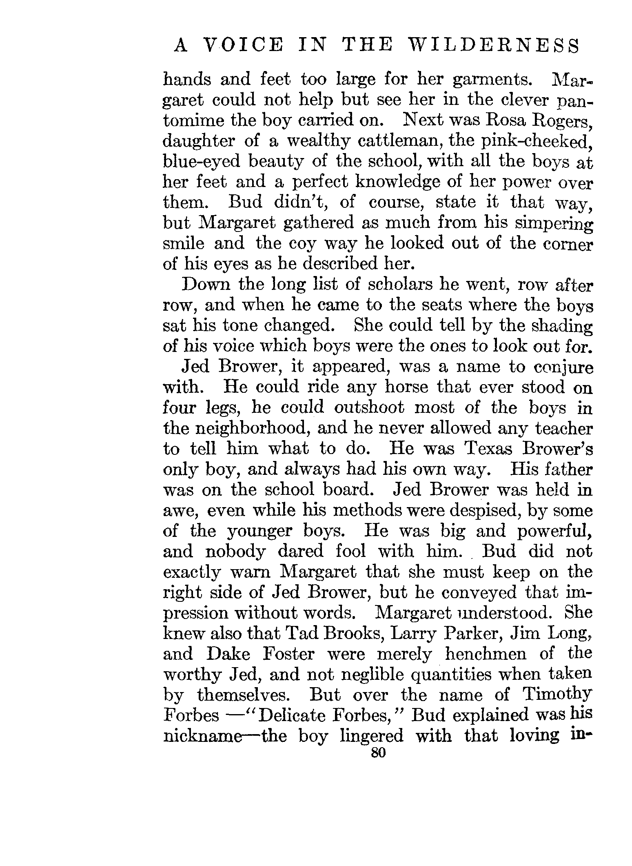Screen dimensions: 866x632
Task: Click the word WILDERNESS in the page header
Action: (494, 46)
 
